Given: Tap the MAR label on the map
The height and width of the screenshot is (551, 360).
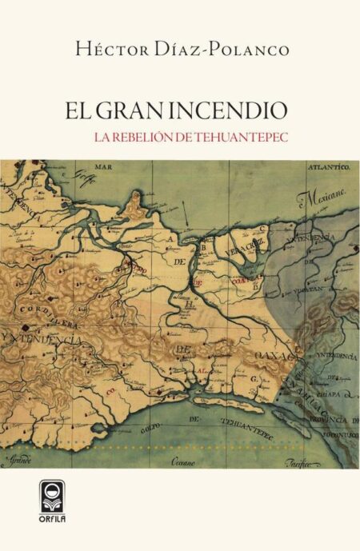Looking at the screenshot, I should tap(102, 168).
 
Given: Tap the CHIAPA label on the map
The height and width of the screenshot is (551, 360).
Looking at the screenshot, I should tap(326, 395).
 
